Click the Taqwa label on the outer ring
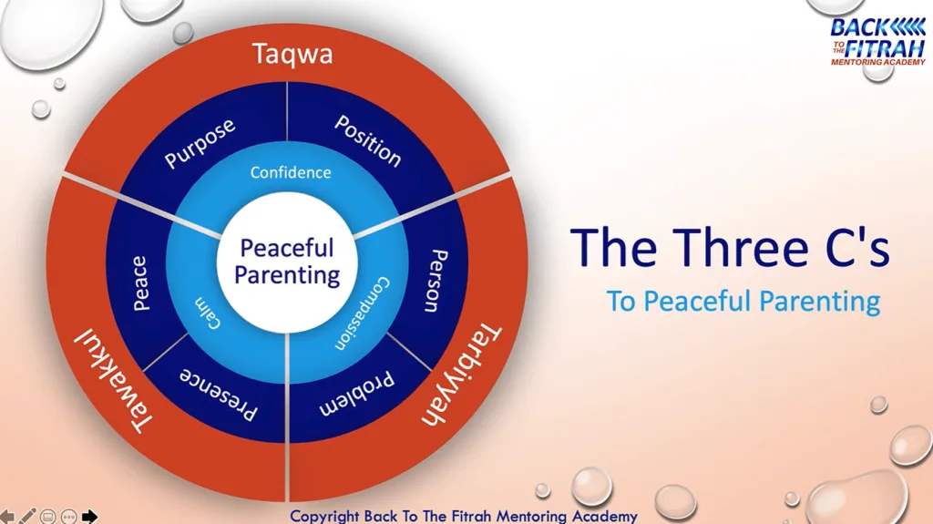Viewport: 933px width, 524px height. pyautogui.click(x=292, y=54)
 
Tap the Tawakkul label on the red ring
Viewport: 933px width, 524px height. pyautogui.click(x=113, y=380)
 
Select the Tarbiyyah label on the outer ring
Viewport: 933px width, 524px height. pyautogui.click(x=461, y=375)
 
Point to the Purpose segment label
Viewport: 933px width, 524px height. pyautogui.click(x=200, y=143)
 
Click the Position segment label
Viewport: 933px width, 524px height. pyautogui.click(x=368, y=140)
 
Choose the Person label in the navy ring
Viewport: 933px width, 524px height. pyautogui.click(x=437, y=281)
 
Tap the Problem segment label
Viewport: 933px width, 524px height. pyautogui.click(x=356, y=395)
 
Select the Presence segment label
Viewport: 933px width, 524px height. pyautogui.click(x=219, y=395)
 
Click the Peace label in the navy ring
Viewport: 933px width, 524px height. pyautogui.click(x=140, y=283)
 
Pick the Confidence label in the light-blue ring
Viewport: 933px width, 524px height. pyautogui.click(x=291, y=172)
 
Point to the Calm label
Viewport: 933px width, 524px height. pyautogui.click(x=208, y=313)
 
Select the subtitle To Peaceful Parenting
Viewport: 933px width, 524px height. pyautogui.click(x=743, y=302)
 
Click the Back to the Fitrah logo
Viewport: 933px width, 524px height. pyautogui.click(x=877, y=42)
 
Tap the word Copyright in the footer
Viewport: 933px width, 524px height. pyautogui.click(x=324, y=517)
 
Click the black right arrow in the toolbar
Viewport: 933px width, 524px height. pyautogui.click(x=89, y=517)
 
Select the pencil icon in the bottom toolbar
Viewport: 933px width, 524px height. pyautogui.click(x=27, y=516)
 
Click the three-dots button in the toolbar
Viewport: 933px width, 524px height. pyautogui.click(x=69, y=517)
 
